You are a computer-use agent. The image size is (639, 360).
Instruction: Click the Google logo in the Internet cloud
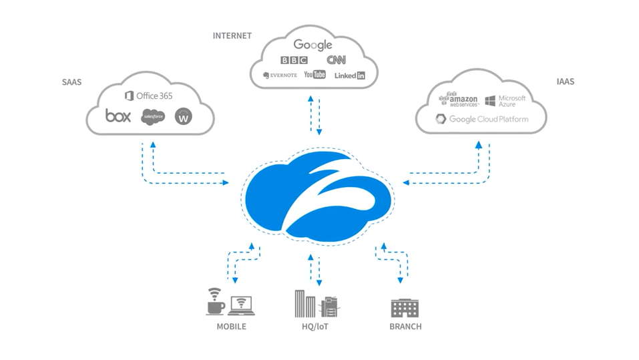click(312, 45)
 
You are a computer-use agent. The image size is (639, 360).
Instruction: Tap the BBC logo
click(294, 60)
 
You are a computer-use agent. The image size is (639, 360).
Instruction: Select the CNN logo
click(337, 60)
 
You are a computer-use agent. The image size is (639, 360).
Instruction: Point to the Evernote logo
click(280, 75)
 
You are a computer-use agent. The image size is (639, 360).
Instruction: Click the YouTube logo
click(314, 75)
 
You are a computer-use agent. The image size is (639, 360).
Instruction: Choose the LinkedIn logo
click(350, 75)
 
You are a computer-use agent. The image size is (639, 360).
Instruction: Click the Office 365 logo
click(149, 96)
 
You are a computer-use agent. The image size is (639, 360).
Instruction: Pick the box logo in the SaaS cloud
click(118, 116)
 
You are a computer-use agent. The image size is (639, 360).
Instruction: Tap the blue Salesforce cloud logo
click(153, 116)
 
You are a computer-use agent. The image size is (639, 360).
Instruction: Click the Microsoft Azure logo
click(505, 101)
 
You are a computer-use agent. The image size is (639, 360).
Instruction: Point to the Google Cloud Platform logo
click(481, 120)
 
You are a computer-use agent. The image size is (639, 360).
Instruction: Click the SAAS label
click(71, 82)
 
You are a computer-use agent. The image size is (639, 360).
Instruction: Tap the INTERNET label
click(232, 35)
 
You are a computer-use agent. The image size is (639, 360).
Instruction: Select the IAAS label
click(565, 81)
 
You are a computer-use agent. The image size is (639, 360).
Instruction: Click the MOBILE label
click(231, 327)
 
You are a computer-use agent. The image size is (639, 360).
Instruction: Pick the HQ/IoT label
click(315, 327)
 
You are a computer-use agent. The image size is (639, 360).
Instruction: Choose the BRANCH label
click(405, 327)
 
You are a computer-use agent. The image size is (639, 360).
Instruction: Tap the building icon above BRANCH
click(405, 307)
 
